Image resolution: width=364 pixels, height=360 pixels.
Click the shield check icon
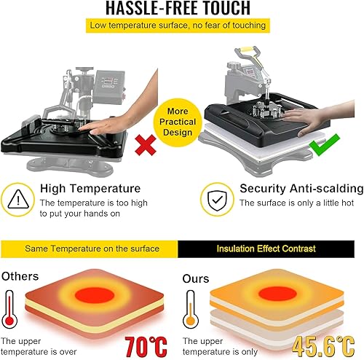point(216,197)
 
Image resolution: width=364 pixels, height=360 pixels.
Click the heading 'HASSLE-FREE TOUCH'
point(181,9)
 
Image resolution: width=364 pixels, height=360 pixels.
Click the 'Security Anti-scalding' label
point(301,188)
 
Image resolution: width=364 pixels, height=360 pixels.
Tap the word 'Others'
point(20,276)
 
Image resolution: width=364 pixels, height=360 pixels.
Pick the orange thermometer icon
point(191,310)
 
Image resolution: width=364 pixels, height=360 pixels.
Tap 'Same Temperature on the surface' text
point(92,249)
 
